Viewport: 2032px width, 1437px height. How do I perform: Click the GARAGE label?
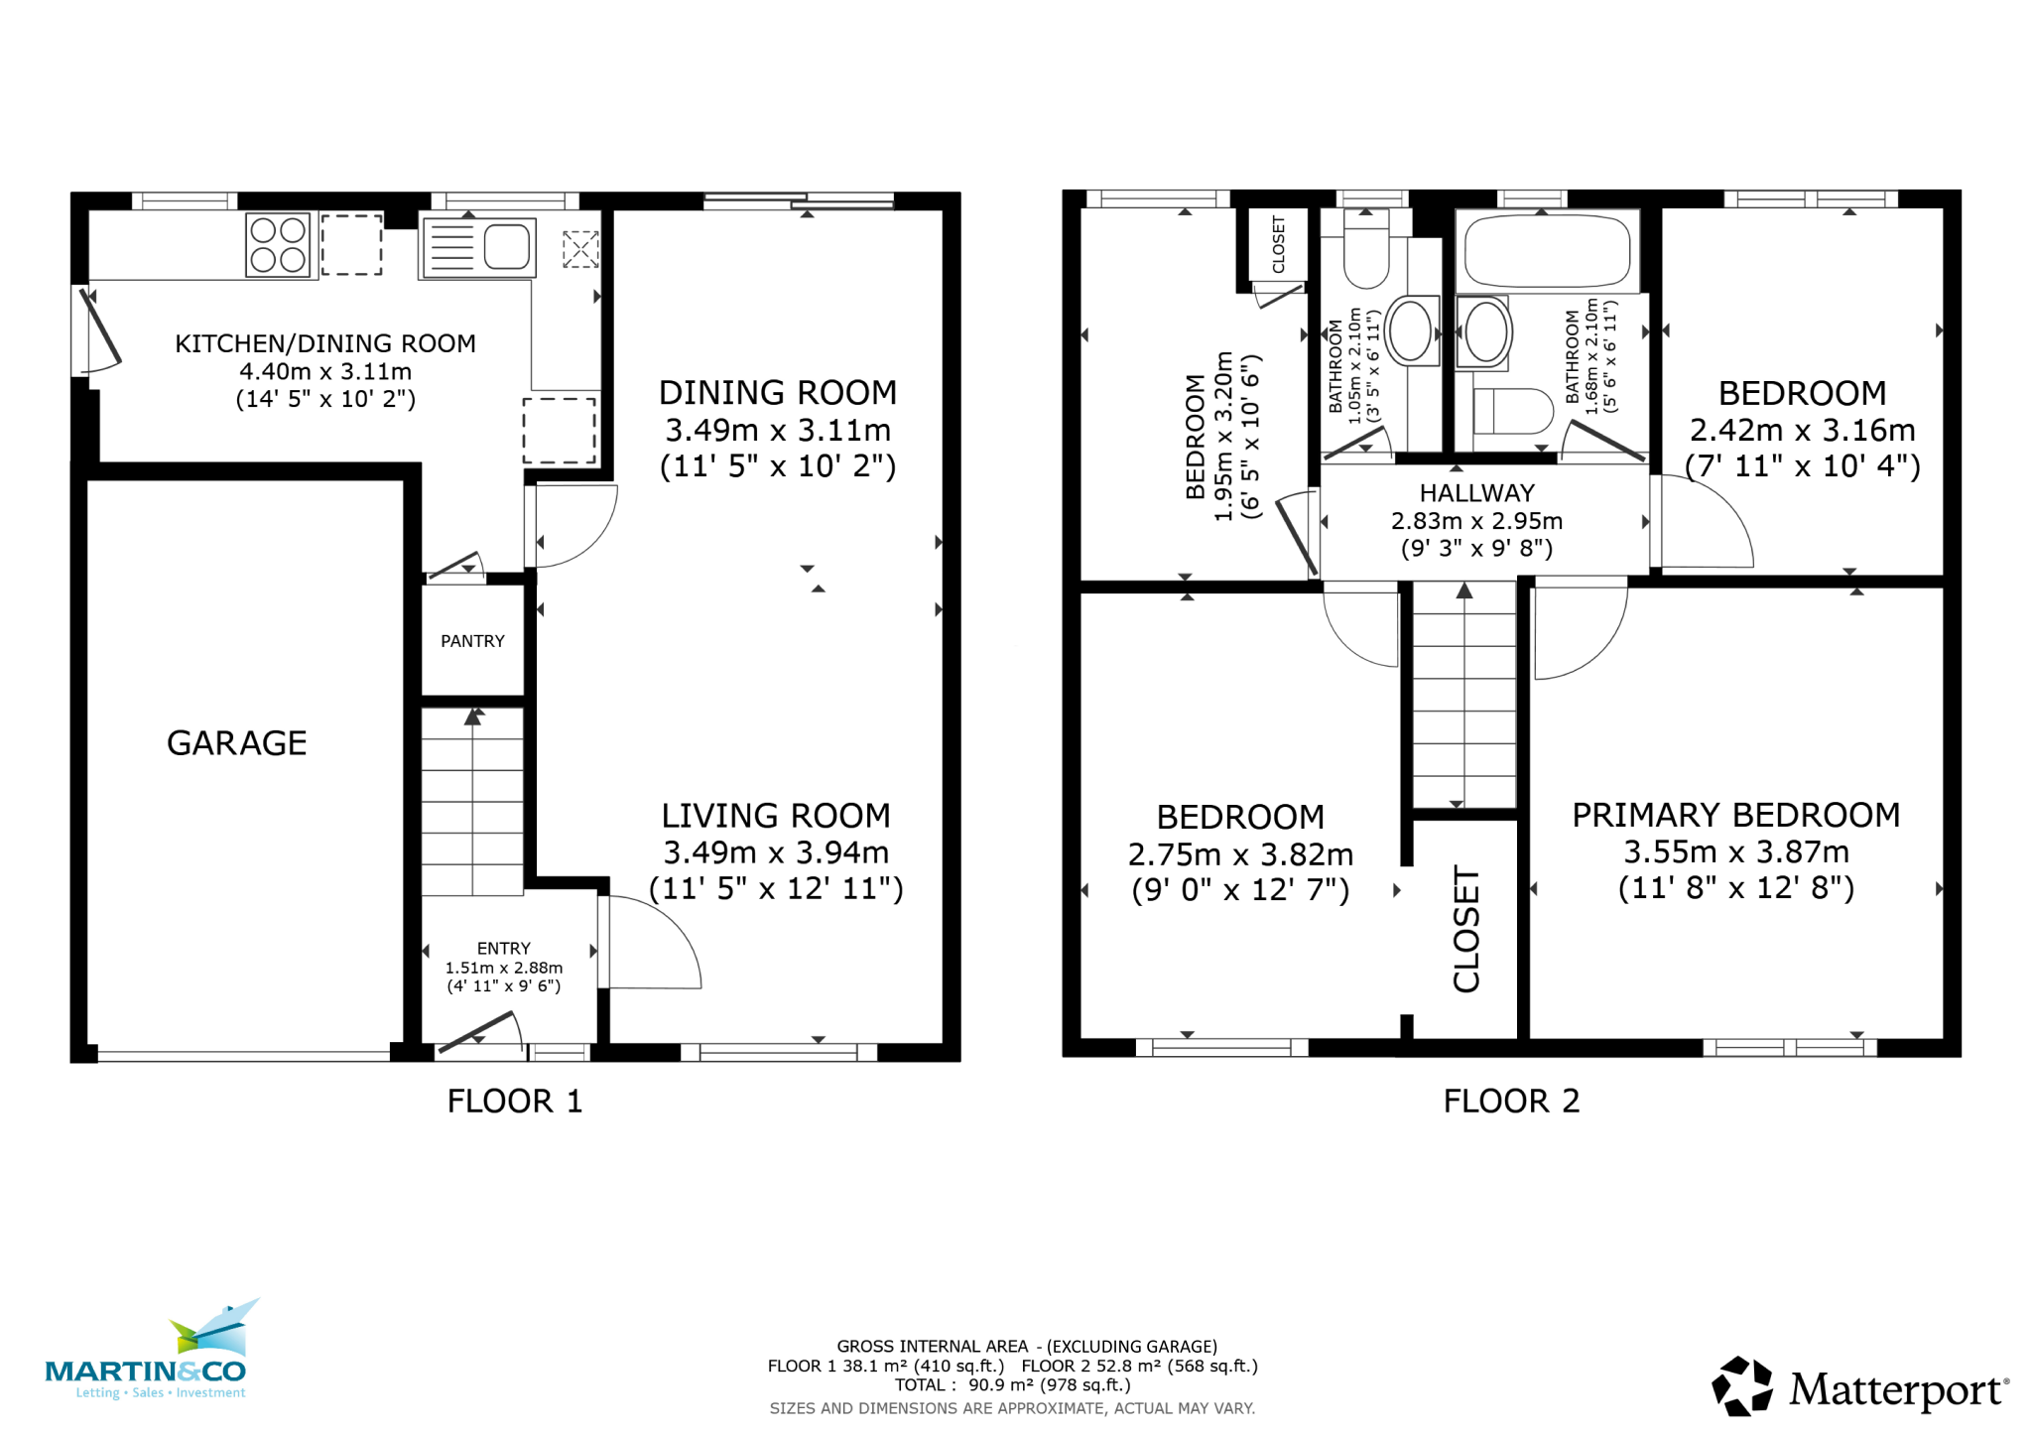[236, 742]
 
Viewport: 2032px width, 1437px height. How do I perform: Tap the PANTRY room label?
[472, 641]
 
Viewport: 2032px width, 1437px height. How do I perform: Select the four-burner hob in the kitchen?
[278, 245]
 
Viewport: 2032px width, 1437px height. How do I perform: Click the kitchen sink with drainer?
[479, 247]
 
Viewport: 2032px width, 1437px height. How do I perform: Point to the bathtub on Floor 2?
[1547, 251]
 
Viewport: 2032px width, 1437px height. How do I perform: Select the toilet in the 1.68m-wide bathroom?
[1512, 411]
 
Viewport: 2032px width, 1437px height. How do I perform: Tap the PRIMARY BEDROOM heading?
[1735, 815]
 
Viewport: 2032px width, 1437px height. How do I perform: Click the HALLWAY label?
[1476, 493]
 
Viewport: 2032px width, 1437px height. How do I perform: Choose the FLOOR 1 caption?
[514, 1101]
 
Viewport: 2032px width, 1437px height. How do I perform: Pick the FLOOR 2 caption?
[1510, 1101]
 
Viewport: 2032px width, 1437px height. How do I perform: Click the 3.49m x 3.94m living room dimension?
[776, 852]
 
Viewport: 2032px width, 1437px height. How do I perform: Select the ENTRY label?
[503, 948]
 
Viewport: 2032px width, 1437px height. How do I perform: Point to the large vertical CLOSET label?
[1465, 929]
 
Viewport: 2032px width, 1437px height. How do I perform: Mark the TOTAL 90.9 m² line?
[1012, 1384]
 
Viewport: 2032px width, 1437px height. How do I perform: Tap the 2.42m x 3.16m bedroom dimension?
[1802, 430]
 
